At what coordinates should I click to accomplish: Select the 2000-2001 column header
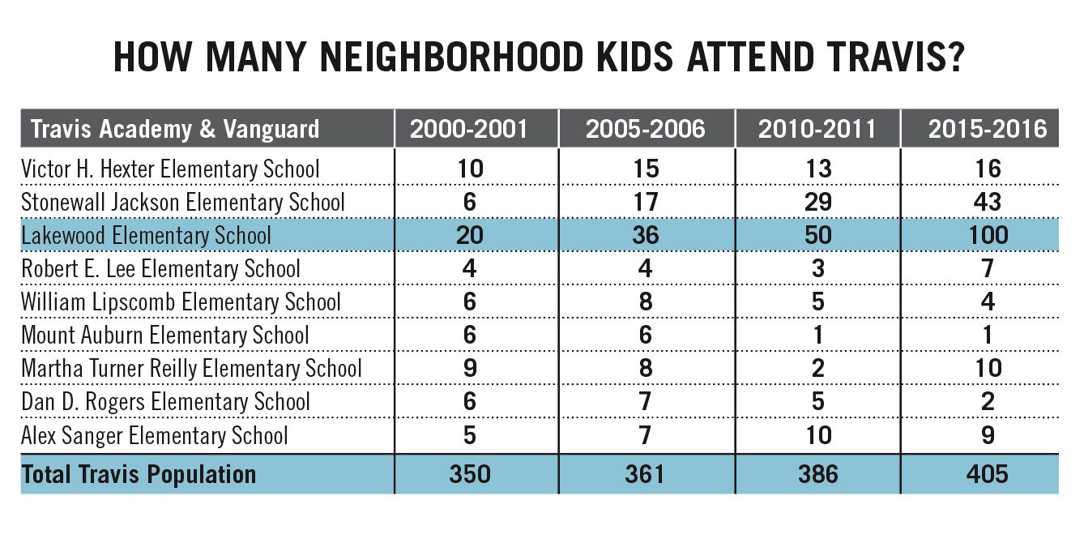[469, 129]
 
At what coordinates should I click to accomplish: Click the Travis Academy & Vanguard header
[174, 129]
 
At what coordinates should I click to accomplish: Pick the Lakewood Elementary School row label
[147, 236]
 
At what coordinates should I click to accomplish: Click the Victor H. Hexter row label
[171, 169]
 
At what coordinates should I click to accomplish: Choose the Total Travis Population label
[139, 474]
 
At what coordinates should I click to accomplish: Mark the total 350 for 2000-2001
[469, 474]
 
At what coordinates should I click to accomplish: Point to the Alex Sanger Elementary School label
[155, 436]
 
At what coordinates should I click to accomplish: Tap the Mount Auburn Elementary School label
[165, 336]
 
